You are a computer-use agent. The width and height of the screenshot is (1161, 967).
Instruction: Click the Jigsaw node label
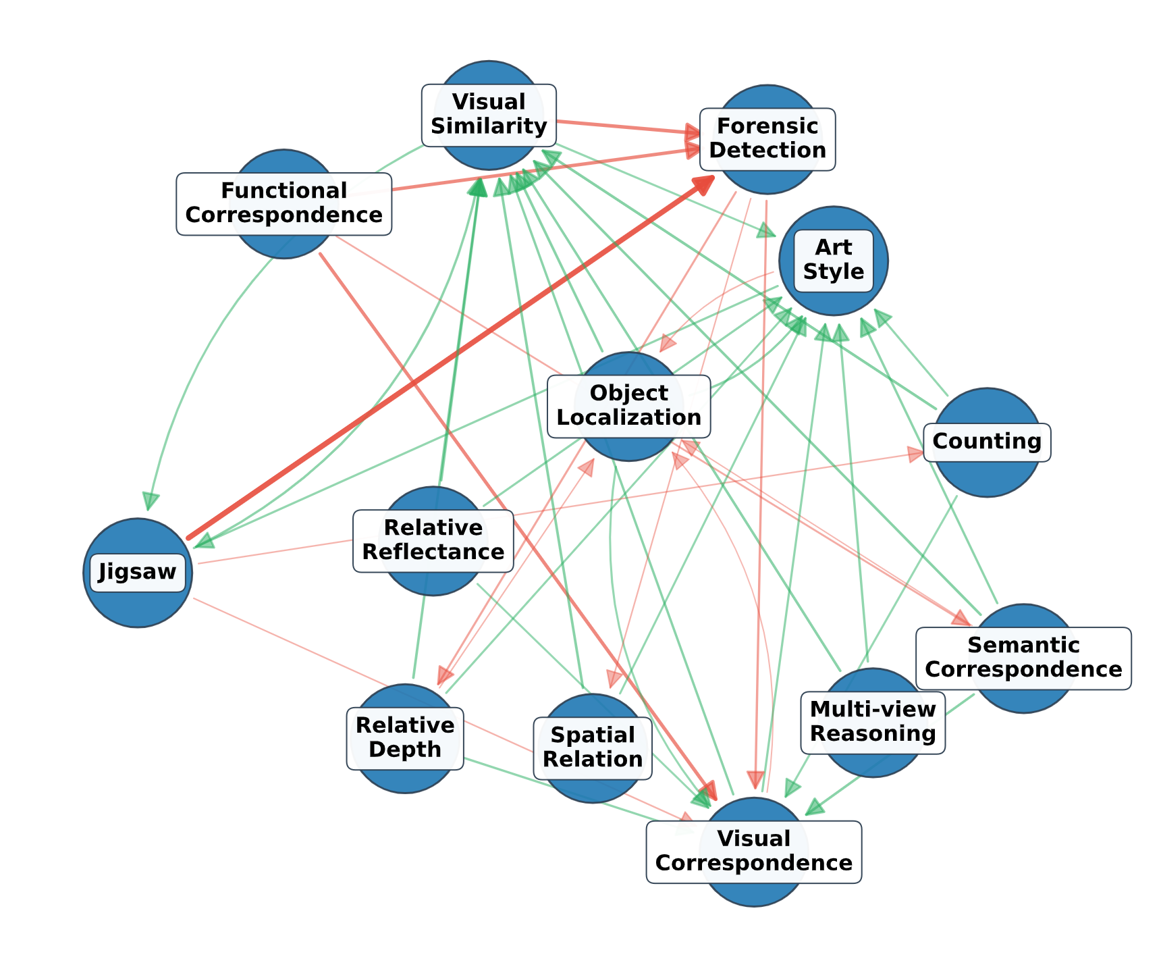pos(137,572)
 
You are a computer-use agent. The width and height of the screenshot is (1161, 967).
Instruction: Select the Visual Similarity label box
pos(489,114)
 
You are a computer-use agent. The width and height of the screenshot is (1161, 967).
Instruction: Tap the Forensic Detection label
pos(767,138)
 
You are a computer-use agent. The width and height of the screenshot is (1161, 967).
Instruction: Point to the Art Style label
pos(834,260)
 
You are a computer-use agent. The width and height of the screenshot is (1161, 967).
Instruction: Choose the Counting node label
pos(987,442)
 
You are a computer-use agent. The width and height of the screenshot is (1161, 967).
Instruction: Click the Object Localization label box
pos(628,405)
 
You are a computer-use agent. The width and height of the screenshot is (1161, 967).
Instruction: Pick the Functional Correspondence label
pos(283,203)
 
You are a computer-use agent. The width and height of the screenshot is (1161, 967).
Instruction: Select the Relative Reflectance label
pos(433,540)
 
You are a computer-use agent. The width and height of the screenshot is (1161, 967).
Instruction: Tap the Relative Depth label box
pos(405,737)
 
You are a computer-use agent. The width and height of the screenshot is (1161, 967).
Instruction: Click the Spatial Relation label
pos(593,748)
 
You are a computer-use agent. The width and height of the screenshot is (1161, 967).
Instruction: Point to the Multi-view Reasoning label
pos(873,722)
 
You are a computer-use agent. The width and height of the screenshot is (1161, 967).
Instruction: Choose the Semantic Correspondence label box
pos(1023,658)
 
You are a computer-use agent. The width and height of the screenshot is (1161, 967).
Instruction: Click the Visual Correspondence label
pos(753,852)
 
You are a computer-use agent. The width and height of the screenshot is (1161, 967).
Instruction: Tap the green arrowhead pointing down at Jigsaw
pos(151,502)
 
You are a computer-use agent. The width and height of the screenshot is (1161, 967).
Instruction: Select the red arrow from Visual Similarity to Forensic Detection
pos(621,127)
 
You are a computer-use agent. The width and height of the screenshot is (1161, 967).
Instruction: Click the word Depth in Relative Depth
pos(405,750)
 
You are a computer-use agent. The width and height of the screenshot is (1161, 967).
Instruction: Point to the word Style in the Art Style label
pos(834,272)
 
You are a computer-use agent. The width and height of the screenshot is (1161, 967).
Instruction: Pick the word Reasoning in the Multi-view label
pos(873,734)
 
